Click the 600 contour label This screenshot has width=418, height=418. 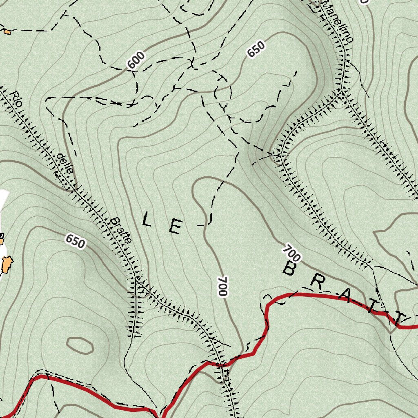click(136, 60)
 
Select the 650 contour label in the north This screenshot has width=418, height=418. click(256, 49)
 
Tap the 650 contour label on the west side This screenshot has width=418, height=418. click(75, 241)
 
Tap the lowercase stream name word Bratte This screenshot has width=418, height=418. click(121, 230)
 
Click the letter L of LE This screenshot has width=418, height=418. click(147, 221)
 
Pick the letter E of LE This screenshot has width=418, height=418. click(176, 227)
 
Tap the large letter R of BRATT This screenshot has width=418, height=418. click(317, 282)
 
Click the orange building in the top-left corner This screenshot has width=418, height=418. click(7, 31)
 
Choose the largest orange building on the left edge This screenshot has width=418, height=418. click(7, 264)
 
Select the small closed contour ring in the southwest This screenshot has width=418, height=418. click(80, 346)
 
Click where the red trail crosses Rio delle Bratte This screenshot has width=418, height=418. click(221, 363)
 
